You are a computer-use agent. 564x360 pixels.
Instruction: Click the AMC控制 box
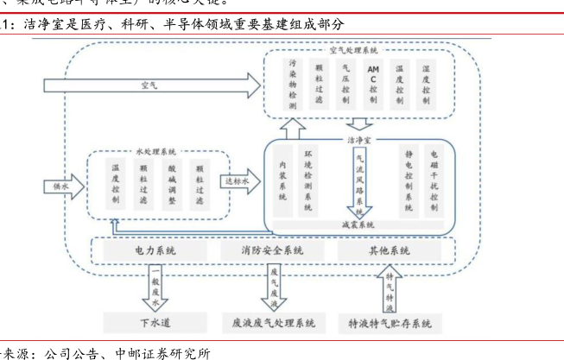click(373, 85)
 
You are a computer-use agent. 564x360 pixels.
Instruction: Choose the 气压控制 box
click(346, 85)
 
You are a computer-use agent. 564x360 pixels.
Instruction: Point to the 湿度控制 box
click(425, 85)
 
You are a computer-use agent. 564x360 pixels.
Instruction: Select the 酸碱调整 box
click(171, 184)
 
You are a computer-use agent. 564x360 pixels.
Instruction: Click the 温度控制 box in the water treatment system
click(116, 184)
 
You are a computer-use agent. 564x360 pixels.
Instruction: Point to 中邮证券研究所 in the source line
click(162, 352)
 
